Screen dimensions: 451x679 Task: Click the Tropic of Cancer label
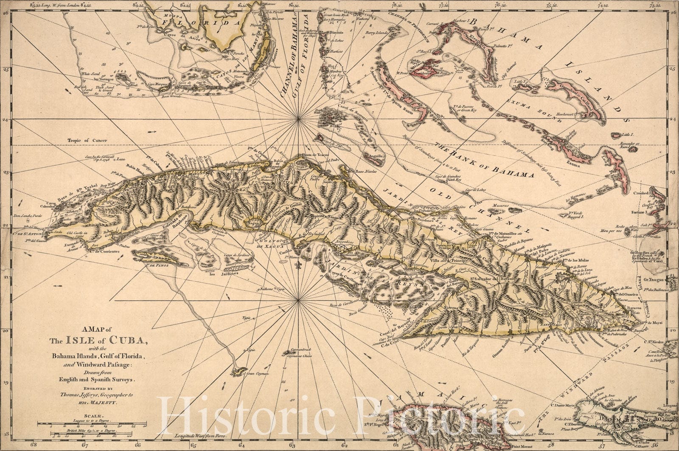click(x=87, y=141)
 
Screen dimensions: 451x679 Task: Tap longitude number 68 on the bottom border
click(x=32, y=446)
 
